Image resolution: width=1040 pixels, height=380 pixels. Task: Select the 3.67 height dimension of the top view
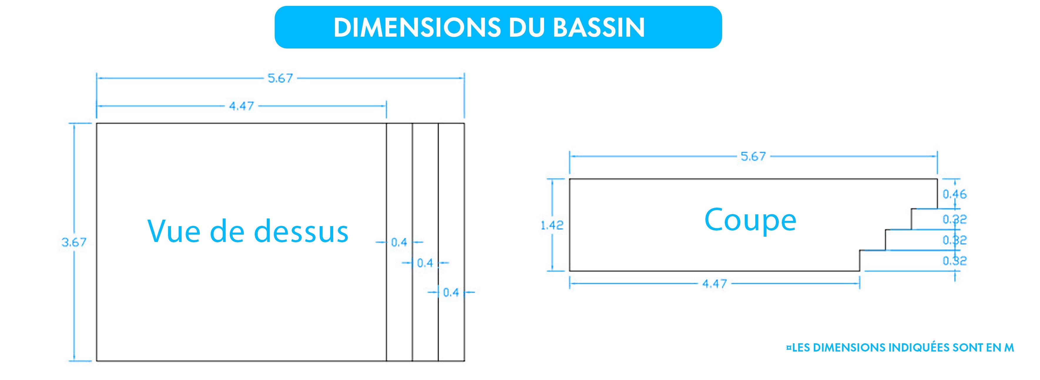click(x=74, y=242)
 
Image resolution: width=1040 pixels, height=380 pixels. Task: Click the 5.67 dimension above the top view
click(x=280, y=78)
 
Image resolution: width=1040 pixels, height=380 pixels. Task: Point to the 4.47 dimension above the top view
click(x=241, y=106)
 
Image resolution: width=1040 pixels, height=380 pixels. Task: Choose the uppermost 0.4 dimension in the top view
click(x=399, y=243)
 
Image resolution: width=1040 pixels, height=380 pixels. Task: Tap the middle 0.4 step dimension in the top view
click(x=425, y=263)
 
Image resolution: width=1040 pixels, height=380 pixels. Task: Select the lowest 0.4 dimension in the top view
click(x=451, y=292)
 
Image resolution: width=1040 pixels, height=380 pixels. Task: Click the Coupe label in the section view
click(x=750, y=221)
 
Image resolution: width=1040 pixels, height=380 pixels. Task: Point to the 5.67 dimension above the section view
click(x=753, y=157)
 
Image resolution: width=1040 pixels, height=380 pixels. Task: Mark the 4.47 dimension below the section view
click(x=714, y=284)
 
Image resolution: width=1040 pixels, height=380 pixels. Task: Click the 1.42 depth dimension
click(x=552, y=225)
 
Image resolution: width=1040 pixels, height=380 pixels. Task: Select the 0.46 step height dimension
click(x=955, y=194)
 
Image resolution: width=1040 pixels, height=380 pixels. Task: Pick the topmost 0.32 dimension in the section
click(x=955, y=219)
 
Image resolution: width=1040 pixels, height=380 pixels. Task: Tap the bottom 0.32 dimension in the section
click(x=955, y=261)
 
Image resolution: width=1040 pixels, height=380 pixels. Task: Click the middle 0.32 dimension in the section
click(x=955, y=241)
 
